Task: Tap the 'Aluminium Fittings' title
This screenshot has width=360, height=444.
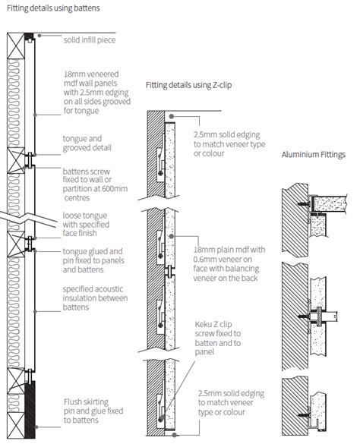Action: pos(313,154)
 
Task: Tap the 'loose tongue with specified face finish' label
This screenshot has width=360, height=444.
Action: pos(88,225)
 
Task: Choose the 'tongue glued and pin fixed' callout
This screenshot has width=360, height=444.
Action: pos(92,260)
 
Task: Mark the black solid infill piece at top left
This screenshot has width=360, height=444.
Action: pos(27,36)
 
